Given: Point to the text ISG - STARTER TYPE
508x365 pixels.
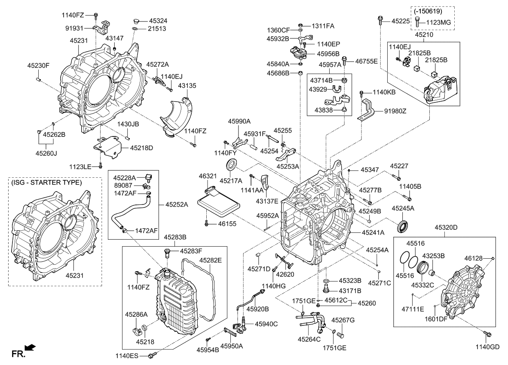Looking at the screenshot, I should [46, 182].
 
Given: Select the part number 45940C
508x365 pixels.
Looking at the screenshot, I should [266, 324].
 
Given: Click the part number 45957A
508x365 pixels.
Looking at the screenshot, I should [330, 65].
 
